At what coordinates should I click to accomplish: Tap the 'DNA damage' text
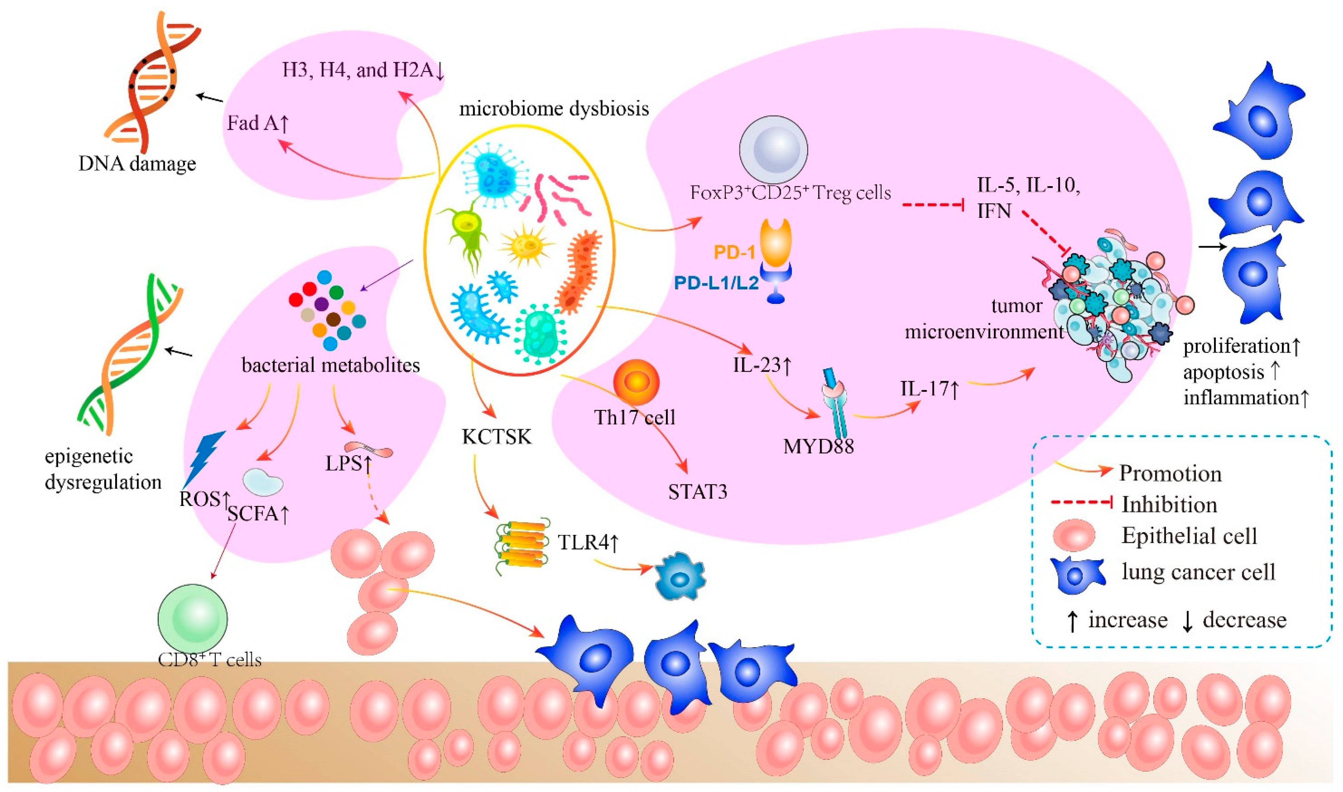pos(137,163)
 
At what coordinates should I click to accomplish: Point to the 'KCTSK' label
pos(497,437)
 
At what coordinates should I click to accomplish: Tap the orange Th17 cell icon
pos(636,383)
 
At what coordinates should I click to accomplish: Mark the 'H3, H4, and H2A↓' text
pos(363,70)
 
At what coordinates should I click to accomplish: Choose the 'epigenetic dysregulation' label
pos(103,470)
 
